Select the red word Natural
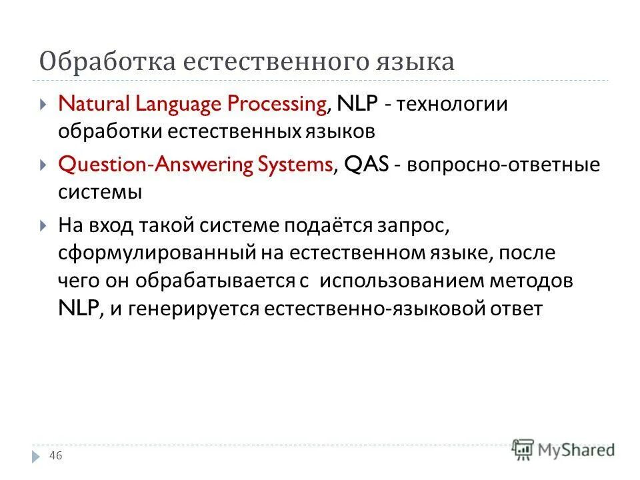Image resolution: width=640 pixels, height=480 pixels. (95, 105)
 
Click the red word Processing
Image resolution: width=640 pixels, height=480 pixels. (277, 105)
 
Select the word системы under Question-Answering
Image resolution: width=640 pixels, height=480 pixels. (99, 193)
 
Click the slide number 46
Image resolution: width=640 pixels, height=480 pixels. (56, 455)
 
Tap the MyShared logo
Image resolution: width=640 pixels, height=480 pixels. (564, 449)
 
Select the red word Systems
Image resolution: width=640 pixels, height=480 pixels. (298, 165)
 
